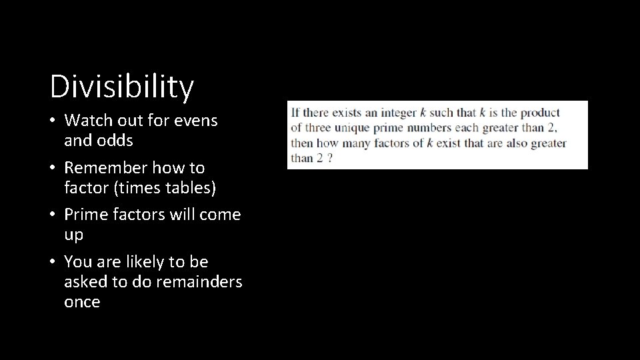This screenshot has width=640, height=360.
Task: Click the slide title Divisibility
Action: coord(122,86)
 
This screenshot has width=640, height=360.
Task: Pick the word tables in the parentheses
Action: coord(189,188)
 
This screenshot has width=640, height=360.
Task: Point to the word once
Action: coord(82,301)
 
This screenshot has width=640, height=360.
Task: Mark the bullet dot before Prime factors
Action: coord(55,215)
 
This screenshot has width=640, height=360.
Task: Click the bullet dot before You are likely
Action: coord(55,262)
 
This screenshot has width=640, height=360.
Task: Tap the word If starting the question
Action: coord(295,113)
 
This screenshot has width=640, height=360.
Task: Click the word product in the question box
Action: coord(539,113)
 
